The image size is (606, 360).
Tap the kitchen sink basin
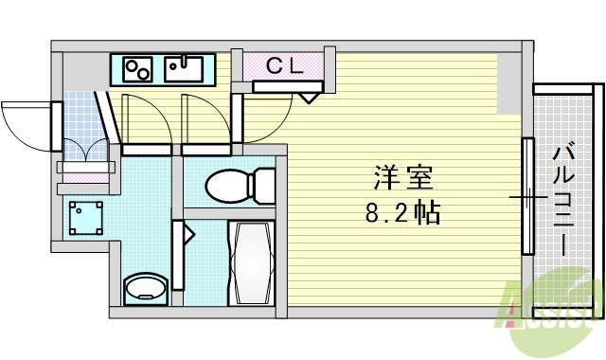click(x=182, y=69)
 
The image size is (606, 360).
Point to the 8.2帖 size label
click(x=403, y=213)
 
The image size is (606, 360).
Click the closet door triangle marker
click(x=309, y=97)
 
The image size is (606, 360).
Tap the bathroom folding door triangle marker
click(x=188, y=230)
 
